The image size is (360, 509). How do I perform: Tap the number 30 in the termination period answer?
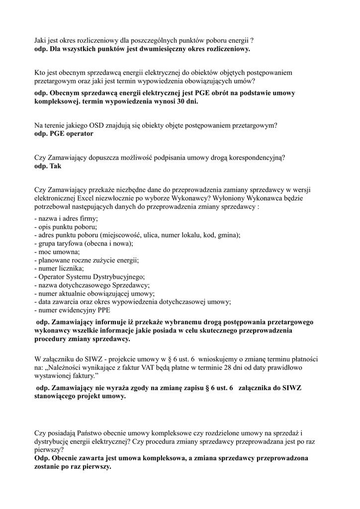tap(178, 101)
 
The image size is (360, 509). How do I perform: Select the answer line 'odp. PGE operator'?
tap(64, 134)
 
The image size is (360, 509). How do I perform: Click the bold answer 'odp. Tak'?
tap(48, 166)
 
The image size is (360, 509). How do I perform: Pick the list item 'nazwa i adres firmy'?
tap(66, 219)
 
